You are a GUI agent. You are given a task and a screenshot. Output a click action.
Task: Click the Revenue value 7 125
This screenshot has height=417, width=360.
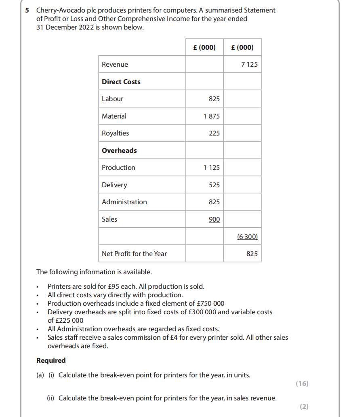(x=249, y=64)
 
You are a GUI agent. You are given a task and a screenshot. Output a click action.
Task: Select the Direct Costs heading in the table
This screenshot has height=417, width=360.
(x=121, y=82)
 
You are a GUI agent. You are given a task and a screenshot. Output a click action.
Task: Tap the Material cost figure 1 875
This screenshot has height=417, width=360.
(x=212, y=116)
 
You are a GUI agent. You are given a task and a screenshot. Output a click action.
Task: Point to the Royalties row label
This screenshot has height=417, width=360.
(x=116, y=133)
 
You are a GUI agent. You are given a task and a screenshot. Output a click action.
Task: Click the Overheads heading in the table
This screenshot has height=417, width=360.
(x=119, y=150)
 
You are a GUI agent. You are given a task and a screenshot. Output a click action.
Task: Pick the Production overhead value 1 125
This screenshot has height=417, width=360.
(x=212, y=167)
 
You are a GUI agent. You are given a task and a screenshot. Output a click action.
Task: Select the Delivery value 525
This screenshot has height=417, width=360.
(x=214, y=185)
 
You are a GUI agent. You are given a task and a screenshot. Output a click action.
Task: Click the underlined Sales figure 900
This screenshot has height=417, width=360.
(x=214, y=219)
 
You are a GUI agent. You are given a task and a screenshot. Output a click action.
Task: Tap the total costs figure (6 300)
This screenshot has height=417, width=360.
(x=247, y=237)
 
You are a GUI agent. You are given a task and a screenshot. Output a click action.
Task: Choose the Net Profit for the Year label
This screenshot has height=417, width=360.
(x=134, y=254)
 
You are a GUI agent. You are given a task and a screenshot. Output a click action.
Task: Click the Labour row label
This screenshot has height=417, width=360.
(x=112, y=99)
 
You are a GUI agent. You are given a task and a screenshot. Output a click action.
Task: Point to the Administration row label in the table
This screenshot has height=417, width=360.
(x=124, y=202)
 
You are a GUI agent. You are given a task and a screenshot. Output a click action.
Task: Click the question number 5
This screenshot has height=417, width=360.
(x=27, y=10)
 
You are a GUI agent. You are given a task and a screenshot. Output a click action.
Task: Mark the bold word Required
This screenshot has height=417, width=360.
(x=51, y=360)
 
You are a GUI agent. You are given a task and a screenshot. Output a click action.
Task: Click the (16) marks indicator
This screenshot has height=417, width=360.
(x=302, y=384)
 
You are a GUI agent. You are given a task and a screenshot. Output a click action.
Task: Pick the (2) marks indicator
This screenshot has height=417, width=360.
(x=304, y=407)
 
